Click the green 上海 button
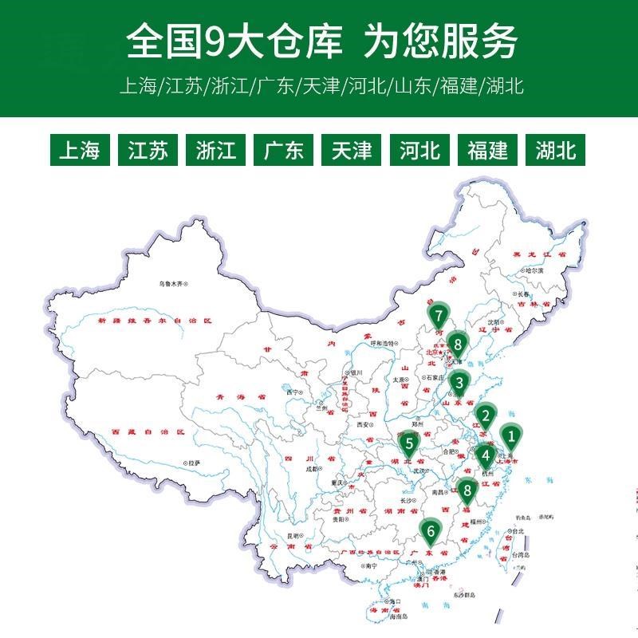(x=80, y=150)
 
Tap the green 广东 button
(x=284, y=150)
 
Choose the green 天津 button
(x=352, y=150)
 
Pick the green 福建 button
(x=488, y=150)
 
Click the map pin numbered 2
(x=484, y=415)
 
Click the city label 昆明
(x=294, y=535)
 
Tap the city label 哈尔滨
(x=533, y=271)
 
